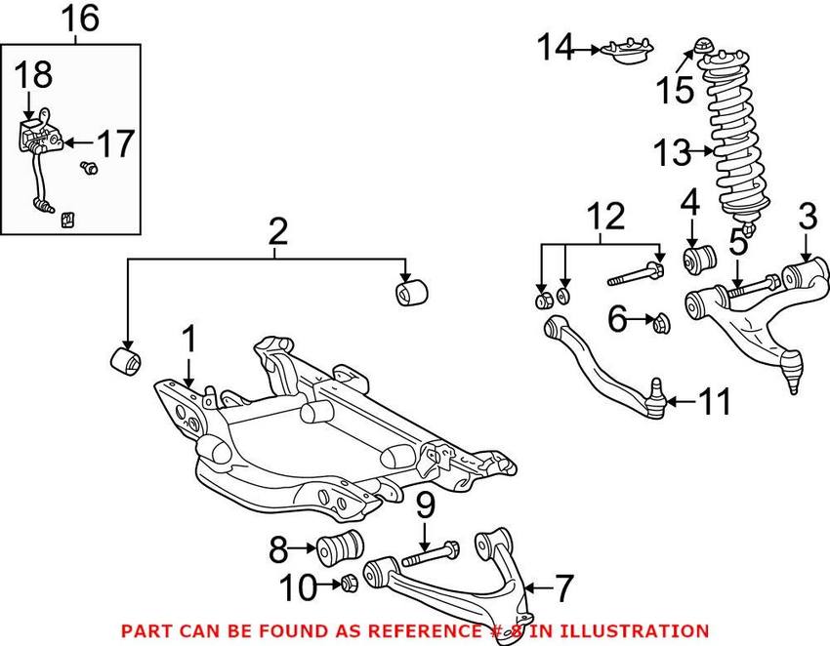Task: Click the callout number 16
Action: (x=81, y=19)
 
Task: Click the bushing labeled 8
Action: (x=342, y=547)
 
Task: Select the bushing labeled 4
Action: (x=701, y=259)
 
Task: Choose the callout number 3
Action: (x=806, y=218)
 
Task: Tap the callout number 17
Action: (x=116, y=144)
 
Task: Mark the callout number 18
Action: (x=32, y=74)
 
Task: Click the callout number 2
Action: (x=277, y=230)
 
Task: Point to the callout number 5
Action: (x=738, y=242)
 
